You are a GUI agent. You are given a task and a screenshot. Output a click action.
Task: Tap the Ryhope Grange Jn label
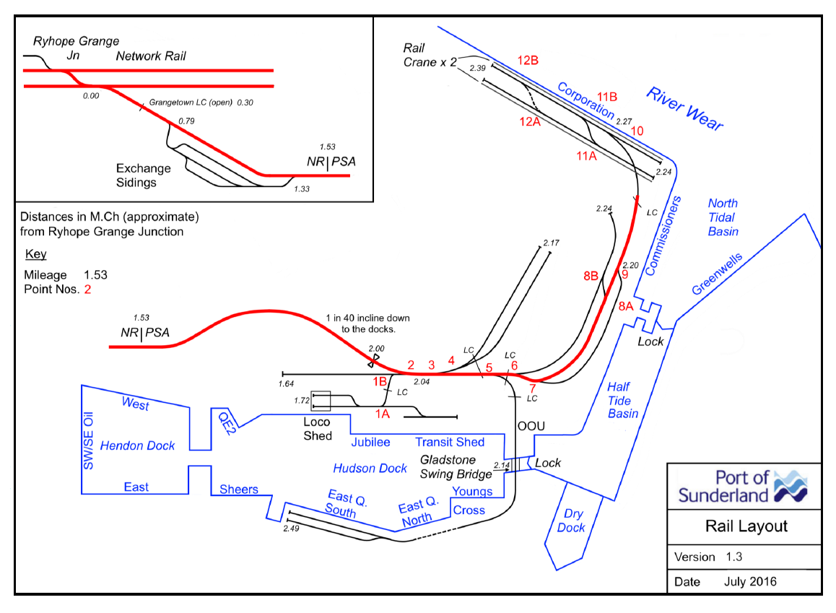pyautogui.click(x=76, y=48)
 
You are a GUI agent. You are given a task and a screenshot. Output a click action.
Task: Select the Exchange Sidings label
pyautogui.click(x=144, y=175)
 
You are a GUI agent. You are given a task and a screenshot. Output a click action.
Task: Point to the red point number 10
pyautogui.click(x=637, y=131)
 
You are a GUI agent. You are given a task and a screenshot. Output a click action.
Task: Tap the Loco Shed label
pyautogui.click(x=317, y=429)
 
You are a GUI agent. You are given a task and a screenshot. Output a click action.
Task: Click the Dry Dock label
pyautogui.click(x=572, y=521)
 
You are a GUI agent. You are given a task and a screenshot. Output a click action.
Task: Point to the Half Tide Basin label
pyautogui.click(x=622, y=401)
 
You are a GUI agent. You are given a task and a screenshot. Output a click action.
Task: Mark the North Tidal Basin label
pyautogui.click(x=723, y=217)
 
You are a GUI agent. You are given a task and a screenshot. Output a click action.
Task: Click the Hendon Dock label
pyautogui.click(x=137, y=446)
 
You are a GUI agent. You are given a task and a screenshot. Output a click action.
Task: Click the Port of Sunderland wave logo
pyautogui.click(x=790, y=487)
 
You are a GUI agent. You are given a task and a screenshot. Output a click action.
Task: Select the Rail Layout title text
pyautogui.click(x=746, y=526)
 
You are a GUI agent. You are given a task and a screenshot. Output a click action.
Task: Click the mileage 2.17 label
pyautogui.click(x=551, y=243)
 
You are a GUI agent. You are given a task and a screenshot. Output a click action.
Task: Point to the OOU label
pyautogui.click(x=529, y=426)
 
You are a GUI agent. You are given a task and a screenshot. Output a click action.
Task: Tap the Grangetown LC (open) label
pyautogui.click(x=191, y=103)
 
